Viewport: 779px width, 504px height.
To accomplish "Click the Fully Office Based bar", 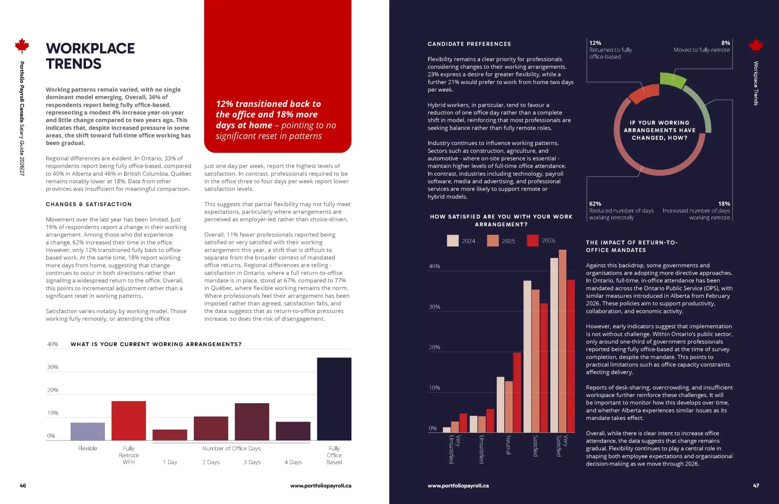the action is coord(334,399).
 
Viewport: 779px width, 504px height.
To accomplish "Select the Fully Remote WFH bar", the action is coord(129,420).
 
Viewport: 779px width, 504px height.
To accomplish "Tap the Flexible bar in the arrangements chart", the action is coord(87,431).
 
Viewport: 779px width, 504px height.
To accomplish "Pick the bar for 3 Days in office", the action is coord(252,421).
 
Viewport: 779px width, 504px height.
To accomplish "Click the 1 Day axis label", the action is coord(170,462).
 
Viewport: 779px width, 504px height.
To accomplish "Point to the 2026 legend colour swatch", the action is coord(533,240).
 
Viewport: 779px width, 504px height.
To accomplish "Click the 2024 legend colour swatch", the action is coord(453,241).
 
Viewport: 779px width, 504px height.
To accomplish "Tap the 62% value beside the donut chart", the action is coord(595,204).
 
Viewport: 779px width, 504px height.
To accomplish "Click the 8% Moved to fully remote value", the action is coord(725,43).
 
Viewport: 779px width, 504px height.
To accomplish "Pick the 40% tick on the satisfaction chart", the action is coord(434,266).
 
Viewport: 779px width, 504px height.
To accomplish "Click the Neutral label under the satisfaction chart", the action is coord(508,445).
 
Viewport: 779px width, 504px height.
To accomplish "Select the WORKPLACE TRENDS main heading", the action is coord(91,56).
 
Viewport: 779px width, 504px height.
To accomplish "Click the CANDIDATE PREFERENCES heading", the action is coord(469,44).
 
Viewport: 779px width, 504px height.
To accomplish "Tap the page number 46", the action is coord(23,486).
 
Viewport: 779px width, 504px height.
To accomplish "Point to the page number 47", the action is coord(756,486).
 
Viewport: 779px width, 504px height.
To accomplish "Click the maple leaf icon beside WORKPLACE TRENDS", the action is coord(22,46).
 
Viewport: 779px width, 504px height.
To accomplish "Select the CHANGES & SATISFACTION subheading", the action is coord(89,204).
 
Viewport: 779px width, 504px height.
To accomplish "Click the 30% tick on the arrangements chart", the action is coord(52,367).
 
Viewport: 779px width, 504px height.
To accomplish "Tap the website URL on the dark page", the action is coord(458,486).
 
